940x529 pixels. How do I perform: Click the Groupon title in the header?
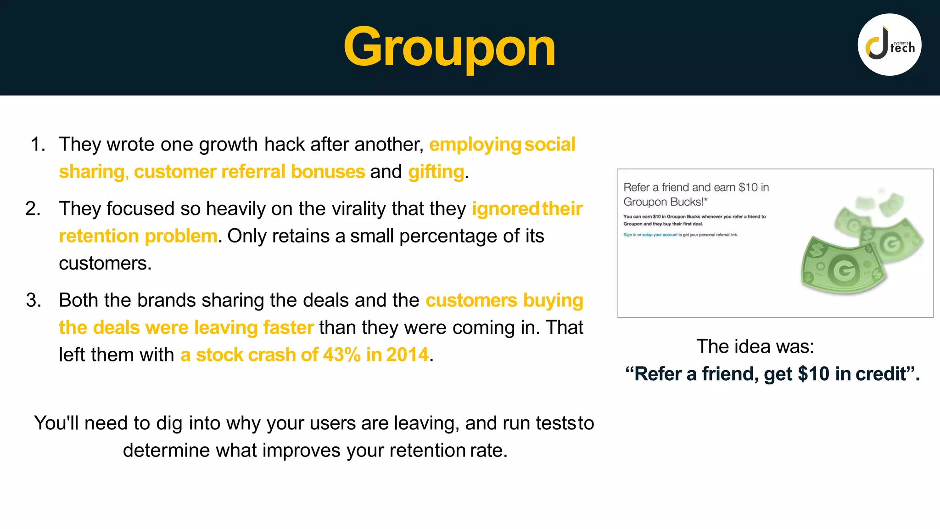coord(449,47)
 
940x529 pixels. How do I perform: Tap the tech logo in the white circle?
coord(890,45)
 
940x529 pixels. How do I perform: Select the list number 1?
coord(38,145)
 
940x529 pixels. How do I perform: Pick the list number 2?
coord(33,209)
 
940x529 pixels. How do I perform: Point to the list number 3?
coord(34,300)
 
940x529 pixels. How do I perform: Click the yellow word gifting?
coord(436,172)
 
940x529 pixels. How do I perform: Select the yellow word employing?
coord(475,145)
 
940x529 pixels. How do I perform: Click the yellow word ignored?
coord(505,209)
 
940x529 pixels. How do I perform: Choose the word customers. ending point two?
coord(105,264)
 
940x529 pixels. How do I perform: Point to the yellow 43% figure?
coord(342,355)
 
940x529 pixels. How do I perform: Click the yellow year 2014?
coord(407,355)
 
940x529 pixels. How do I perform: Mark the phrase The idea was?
coord(755,347)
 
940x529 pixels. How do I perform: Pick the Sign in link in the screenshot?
coord(629,235)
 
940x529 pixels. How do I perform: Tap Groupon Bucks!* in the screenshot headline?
coord(665,202)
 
